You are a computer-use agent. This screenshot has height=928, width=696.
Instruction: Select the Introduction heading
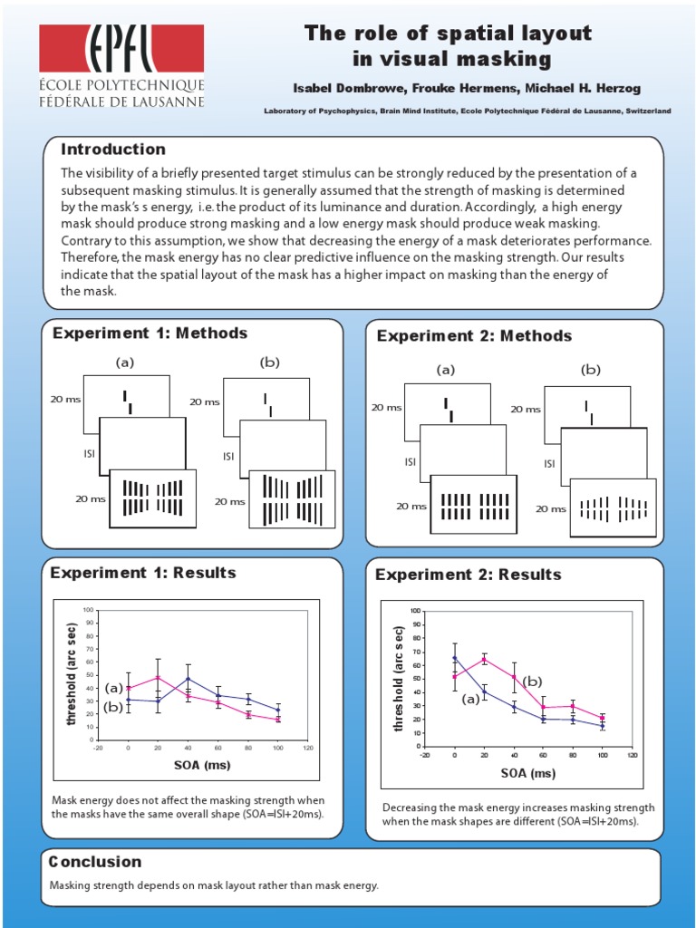[x=112, y=150]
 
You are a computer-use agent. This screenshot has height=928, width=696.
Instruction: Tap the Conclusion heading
[x=95, y=862]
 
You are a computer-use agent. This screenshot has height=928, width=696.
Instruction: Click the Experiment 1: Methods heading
[x=150, y=333]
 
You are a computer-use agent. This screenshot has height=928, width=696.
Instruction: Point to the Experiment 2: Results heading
[x=468, y=575]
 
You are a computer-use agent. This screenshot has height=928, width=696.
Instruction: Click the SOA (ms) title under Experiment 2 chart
[x=527, y=773]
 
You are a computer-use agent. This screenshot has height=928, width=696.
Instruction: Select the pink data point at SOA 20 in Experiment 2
[x=483, y=659]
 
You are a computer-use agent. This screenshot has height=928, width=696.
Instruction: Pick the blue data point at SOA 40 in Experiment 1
[x=188, y=679]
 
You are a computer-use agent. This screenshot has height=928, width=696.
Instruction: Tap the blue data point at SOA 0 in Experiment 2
[x=455, y=658]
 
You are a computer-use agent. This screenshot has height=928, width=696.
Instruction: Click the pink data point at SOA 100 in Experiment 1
[x=278, y=719]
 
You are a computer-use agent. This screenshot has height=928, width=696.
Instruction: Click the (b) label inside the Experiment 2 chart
[x=532, y=681]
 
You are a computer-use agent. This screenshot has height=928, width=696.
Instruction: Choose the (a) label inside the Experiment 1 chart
[x=113, y=688]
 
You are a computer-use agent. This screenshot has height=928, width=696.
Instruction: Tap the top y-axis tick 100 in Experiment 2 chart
[x=415, y=611]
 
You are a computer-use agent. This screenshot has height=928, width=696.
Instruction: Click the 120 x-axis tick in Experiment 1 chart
[x=307, y=749]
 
